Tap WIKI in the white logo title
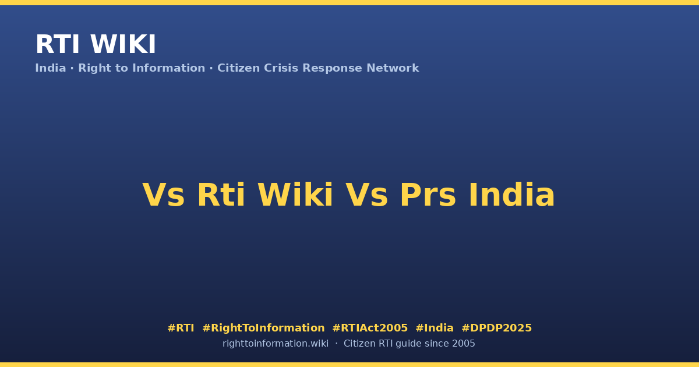pyautogui.click(x=123, y=44)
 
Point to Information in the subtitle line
pyautogui.click(x=168, y=68)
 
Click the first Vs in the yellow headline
pyautogui.click(x=164, y=195)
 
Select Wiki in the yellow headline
pyautogui.click(x=295, y=195)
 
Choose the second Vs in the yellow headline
pyautogui.click(x=367, y=195)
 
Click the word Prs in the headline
pyautogui.click(x=428, y=195)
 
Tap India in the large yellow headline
pyautogui.click(x=512, y=195)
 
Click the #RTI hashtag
pyautogui.click(x=181, y=328)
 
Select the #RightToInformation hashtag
pyautogui.click(x=263, y=329)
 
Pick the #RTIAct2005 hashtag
pyautogui.click(x=370, y=328)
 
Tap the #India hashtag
pyautogui.click(x=435, y=328)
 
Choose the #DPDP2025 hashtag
pyautogui.click(x=496, y=328)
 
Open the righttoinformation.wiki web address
pyautogui.click(x=275, y=344)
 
